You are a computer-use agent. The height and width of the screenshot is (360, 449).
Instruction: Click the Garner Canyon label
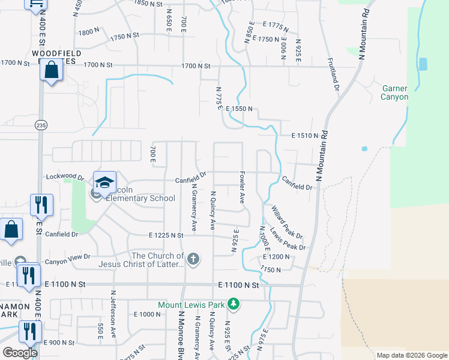click(395, 92)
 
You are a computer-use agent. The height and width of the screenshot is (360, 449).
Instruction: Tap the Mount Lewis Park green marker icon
click(234, 305)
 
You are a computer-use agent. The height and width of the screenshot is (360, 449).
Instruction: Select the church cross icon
click(193, 259)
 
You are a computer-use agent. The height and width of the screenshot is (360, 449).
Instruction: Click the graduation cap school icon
click(104, 182)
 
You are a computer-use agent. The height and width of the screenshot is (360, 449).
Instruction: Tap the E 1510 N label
click(304, 136)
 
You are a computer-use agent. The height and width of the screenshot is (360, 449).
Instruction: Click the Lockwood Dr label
click(65, 178)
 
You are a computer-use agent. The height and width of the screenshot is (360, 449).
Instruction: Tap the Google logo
click(20, 353)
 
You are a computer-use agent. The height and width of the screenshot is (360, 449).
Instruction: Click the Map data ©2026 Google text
click(412, 355)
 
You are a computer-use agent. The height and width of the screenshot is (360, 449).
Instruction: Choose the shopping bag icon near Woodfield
click(52, 70)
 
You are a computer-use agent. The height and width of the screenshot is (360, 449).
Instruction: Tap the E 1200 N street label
click(276, 257)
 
